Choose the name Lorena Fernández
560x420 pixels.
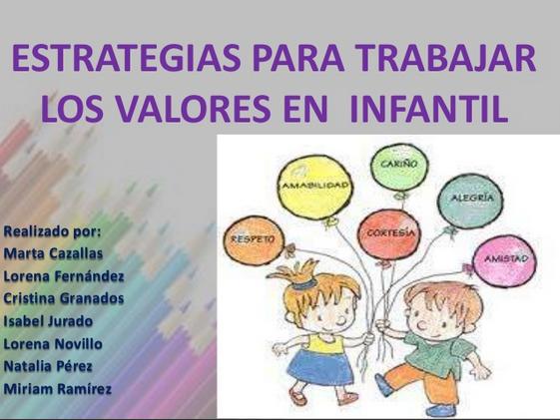point(64,275)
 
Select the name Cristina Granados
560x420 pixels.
point(64,298)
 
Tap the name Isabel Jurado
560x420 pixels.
point(48,321)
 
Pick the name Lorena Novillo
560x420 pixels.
point(53,344)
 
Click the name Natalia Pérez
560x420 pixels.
point(48,366)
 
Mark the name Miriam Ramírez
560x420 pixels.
point(57,389)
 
